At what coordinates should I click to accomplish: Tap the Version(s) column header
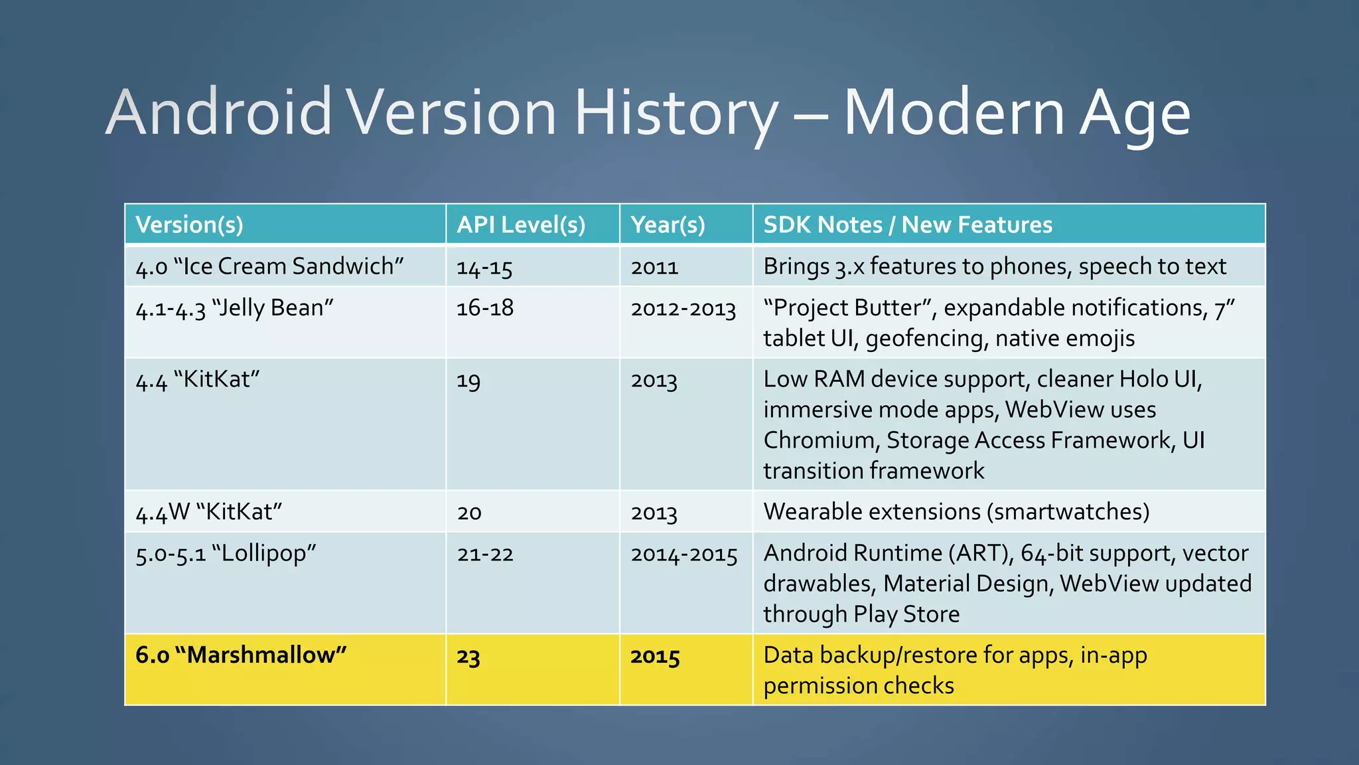point(189,224)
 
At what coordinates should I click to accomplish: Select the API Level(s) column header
point(521,224)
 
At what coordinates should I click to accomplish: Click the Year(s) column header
point(668,224)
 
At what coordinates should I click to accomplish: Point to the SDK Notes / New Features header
point(908,224)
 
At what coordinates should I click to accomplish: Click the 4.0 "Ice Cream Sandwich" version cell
point(269,266)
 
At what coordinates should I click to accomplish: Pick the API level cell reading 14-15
point(484,268)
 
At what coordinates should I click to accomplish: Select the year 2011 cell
point(654,268)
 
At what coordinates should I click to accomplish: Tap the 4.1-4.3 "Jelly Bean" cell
point(234,309)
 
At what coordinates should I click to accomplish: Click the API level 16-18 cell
point(485,308)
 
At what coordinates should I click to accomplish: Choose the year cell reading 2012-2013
point(683,309)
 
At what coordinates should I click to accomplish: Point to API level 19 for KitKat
point(468,381)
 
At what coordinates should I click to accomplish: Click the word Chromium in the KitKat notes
point(820,440)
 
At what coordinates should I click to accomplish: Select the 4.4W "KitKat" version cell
point(209,512)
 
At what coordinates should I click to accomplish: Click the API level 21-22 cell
point(485,554)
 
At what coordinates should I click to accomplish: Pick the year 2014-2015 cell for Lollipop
point(684,554)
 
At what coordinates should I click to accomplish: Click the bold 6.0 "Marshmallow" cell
point(241,655)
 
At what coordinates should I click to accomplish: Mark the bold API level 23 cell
point(468,657)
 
